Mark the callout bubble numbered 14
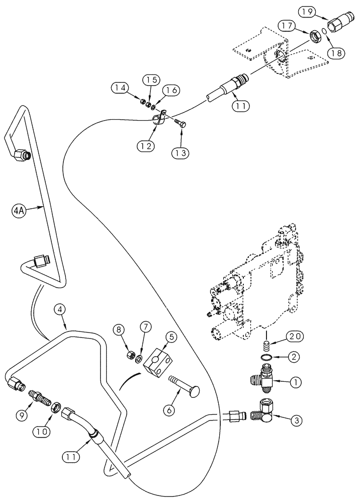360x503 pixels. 119,88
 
